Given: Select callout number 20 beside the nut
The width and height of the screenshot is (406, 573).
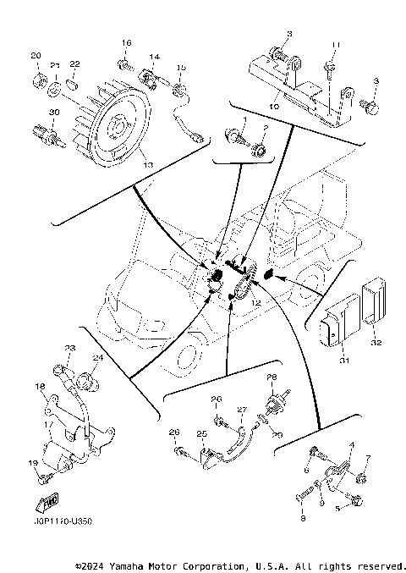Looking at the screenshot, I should point(36,56).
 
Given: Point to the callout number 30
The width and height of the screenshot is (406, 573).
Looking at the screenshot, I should point(53,113).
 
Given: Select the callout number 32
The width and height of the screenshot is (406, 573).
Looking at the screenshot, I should point(376,342).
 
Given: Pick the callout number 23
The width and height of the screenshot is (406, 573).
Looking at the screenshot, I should point(70,348).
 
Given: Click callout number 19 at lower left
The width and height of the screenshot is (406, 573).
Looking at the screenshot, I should point(33,462).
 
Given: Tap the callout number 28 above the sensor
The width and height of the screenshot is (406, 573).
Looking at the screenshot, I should point(272,377).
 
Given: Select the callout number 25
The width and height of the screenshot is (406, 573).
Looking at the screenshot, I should point(201,433).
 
